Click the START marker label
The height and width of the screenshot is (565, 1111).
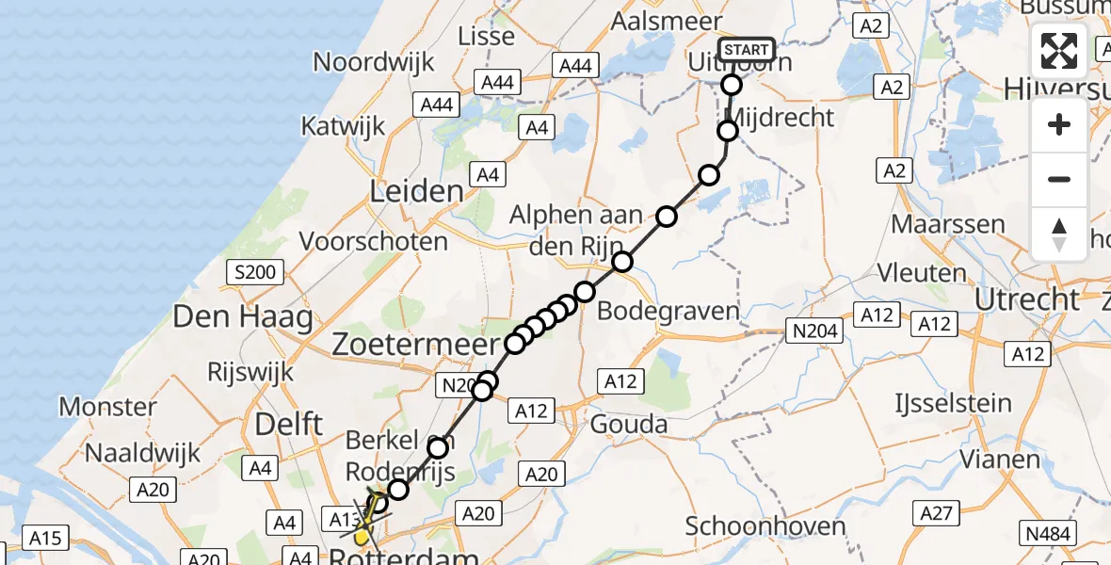click(747, 50)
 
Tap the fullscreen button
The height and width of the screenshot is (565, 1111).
click(1059, 51)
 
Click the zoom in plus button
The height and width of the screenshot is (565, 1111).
click(1059, 124)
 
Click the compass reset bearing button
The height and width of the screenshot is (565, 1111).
click(1059, 234)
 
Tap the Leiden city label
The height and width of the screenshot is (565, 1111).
click(416, 192)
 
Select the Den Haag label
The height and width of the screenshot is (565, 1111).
click(243, 316)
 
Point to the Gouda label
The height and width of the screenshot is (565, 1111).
click(629, 425)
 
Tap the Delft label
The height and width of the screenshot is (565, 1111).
click(289, 424)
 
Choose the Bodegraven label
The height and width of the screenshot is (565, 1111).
click(668, 311)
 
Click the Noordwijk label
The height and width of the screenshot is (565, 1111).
click(374, 62)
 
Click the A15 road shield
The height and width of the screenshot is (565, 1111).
click(45, 538)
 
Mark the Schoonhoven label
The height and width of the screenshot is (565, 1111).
click(757, 525)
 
